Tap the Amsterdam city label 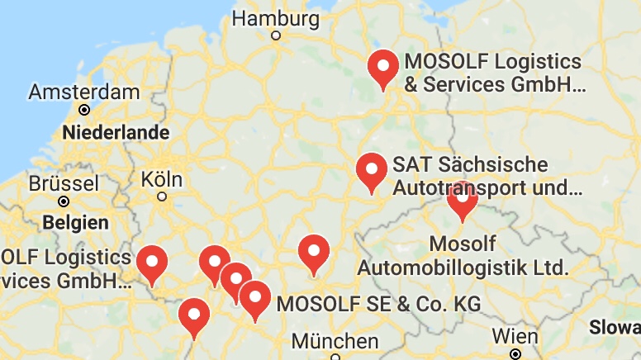pos(83,92)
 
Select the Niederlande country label pos(116,132)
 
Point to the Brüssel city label pos(63,183)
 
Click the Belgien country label pos(75,222)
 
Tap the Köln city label pos(162,178)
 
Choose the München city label pos(335,341)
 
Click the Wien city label pos(515,336)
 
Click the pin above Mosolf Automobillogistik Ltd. pos(463,200)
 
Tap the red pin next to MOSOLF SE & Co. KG pos(254,299)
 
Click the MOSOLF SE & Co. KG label pos(378,303)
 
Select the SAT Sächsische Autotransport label pos(487,176)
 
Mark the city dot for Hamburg pos(276,36)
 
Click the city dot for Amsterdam pos(83,109)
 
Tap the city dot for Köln pos(162,197)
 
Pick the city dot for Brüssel pos(63,201)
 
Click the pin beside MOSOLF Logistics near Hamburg pos(383,68)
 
